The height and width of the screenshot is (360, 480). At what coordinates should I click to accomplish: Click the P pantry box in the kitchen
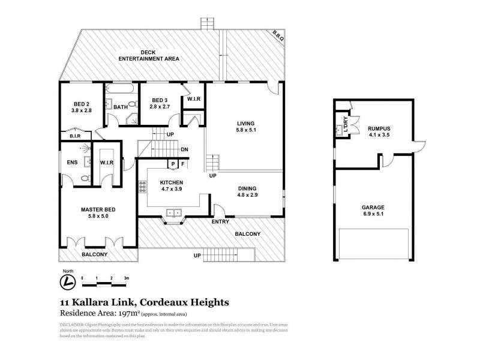[x=173, y=164]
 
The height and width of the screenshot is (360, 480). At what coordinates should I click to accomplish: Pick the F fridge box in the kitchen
[x=183, y=164]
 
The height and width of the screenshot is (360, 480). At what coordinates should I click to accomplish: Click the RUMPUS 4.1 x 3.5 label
[x=379, y=131]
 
